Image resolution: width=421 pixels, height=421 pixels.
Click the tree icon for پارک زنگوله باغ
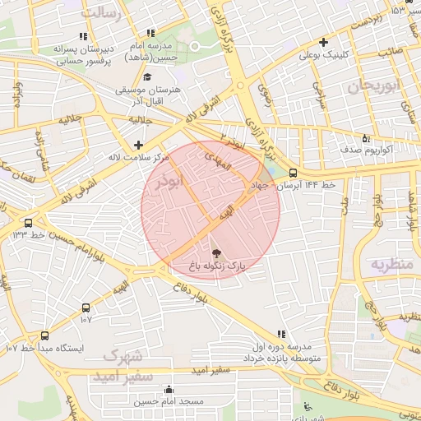click(216, 253)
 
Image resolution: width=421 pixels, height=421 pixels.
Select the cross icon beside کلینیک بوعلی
click(324, 42)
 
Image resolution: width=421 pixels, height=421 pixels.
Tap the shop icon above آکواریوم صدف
click(365, 138)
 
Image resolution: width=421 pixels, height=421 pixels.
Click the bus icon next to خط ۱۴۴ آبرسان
click(293, 173)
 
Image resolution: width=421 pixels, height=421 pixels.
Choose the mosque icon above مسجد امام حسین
click(169, 389)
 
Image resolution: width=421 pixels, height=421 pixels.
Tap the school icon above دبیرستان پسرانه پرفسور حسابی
click(82, 36)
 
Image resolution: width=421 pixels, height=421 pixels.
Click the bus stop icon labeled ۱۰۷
click(86, 307)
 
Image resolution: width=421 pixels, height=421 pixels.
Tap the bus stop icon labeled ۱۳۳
click(29, 223)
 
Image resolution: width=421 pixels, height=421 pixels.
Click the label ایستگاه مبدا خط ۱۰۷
click(45, 348)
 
